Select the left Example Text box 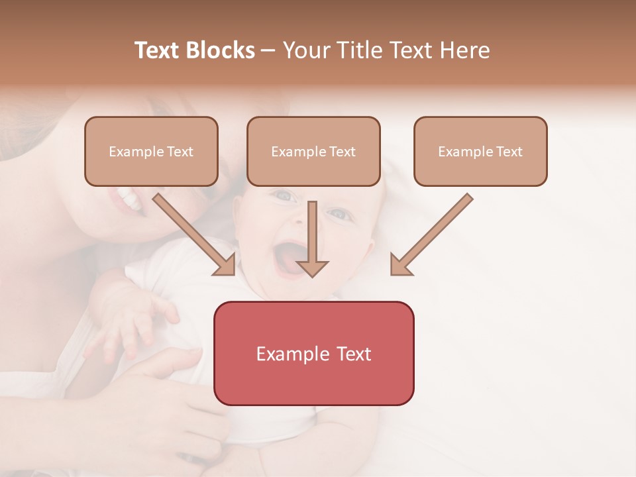151,151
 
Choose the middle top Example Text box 313,151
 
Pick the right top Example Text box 480,151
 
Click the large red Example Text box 313,353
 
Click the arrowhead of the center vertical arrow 312,268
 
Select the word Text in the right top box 509,152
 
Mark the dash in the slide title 268,51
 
